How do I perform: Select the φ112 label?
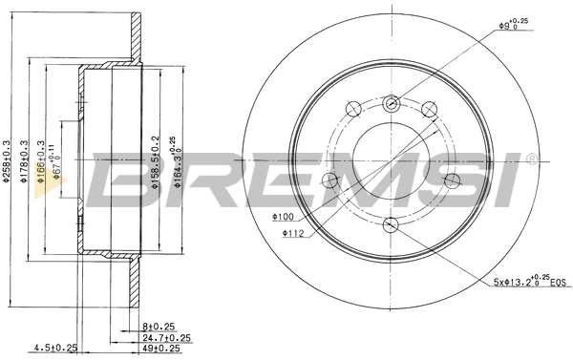coord(293,231)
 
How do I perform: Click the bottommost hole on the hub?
coord(390,225)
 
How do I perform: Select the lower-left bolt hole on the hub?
coord(330,181)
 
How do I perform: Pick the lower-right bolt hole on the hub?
coord(449,181)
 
